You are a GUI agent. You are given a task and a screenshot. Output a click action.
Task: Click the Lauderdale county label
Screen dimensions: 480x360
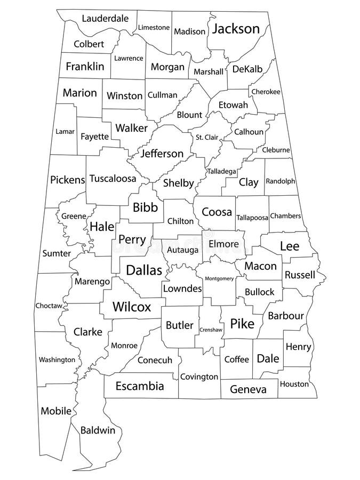pyautogui.click(x=105, y=19)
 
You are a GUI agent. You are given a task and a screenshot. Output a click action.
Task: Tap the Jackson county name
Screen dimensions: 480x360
pyautogui.click(x=236, y=29)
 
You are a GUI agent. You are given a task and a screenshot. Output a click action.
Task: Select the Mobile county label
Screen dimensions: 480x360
pyautogui.click(x=56, y=411)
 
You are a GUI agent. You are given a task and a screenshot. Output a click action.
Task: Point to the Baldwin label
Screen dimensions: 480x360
pyautogui.click(x=98, y=430)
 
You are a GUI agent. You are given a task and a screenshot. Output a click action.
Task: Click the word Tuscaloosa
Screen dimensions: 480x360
pyautogui.click(x=113, y=179)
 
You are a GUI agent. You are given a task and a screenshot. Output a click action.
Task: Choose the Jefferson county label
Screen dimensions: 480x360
pyautogui.click(x=162, y=154)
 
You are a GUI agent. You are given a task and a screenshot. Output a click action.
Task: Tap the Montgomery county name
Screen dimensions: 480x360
pyautogui.click(x=219, y=278)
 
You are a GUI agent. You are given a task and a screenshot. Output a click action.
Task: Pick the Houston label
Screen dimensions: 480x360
pyautogui.click(x=294, y=384)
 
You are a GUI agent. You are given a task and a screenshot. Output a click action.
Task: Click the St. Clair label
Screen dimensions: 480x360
pyautogui.click(x=206, y=137)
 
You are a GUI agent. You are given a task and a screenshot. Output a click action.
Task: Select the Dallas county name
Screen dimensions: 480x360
pyautogui.click(x=143, y=270)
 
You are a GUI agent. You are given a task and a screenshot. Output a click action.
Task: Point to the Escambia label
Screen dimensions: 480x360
pyautogui.click(x=140, y=386)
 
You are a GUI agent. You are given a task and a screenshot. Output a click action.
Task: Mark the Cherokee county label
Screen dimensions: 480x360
pyautogui.click(x=266, y=92)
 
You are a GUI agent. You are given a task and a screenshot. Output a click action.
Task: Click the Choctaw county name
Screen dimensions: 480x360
pyautogui.click(x=49, y=306)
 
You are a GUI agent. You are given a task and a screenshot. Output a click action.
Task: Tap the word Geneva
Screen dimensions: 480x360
pyautogui.click(x=248, y=389)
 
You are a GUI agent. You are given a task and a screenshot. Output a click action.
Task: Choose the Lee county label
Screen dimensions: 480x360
pyautogui.click(x=290, y=246)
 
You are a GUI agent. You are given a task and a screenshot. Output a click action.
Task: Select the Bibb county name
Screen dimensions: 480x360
pyautogui.click(x=145, y=207)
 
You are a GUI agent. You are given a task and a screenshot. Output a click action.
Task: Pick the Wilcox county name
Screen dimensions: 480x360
pyautogui.click(x=132, y=307)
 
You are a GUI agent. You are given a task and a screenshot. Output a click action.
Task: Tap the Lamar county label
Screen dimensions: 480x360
pyautogui.click(x=65, y=131)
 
